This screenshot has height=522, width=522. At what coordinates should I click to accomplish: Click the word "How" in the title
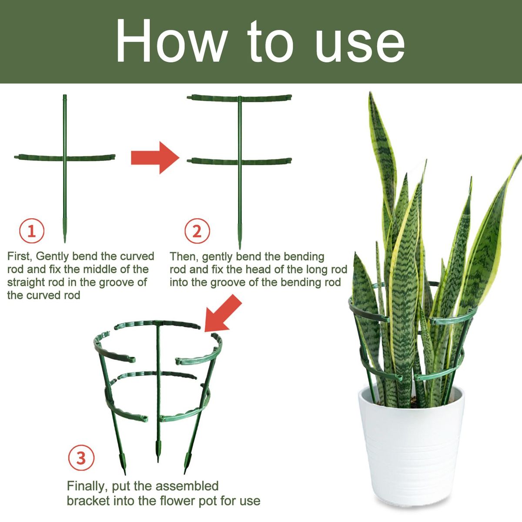coord(171,41)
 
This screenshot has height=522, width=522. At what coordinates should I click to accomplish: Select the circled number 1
coord(32,231)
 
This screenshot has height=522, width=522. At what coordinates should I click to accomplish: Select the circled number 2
coord(197,231)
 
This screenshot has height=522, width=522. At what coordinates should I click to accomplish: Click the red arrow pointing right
coord(155,157)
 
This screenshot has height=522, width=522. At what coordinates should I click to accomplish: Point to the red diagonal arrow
coord(223,313)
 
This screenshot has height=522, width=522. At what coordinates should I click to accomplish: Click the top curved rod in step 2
coord(239,98)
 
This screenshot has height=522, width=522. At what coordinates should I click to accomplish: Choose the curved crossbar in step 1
coord(64,157)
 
